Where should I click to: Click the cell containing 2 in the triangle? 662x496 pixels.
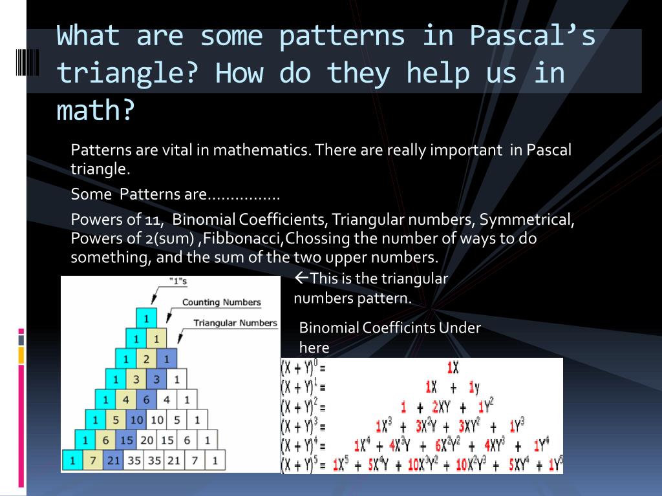coord(146,359)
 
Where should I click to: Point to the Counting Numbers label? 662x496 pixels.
coord(221,302)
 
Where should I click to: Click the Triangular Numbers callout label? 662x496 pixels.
coord(235,323)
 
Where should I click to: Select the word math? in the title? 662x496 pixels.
coord(95,111)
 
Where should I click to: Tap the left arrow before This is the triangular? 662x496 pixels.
coord(301,278)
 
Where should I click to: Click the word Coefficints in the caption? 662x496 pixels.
coord(399,327)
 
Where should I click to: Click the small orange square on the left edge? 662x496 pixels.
coord(21,355)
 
